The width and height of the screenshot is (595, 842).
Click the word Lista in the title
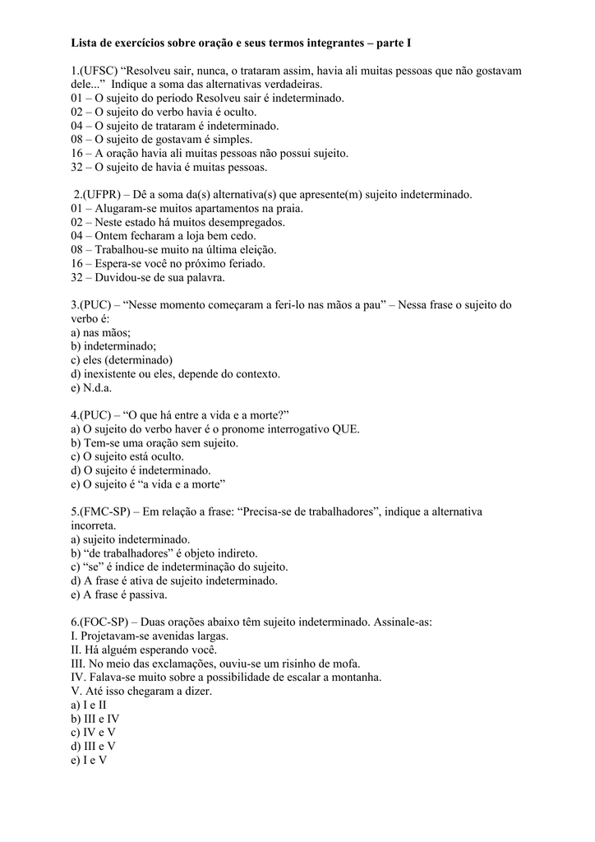(x=85, y=42)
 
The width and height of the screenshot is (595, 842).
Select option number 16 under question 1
(x=77, y=154)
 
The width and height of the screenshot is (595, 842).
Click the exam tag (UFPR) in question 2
(x=101, y=195)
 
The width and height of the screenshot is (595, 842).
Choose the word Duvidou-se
(x=126, y=278)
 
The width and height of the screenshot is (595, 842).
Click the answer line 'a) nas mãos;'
(x=101, y=333)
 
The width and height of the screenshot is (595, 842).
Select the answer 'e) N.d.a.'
(x=91, y=388)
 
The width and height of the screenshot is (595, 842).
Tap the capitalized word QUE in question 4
(x=346, y=429)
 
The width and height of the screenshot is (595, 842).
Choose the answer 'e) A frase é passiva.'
(x=119, y=594)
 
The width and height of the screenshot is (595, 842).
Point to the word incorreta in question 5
(x=93, y=525)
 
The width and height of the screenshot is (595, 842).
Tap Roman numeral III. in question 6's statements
(x=79, y=664)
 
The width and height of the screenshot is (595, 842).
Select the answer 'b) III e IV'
(x=95, y=719)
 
